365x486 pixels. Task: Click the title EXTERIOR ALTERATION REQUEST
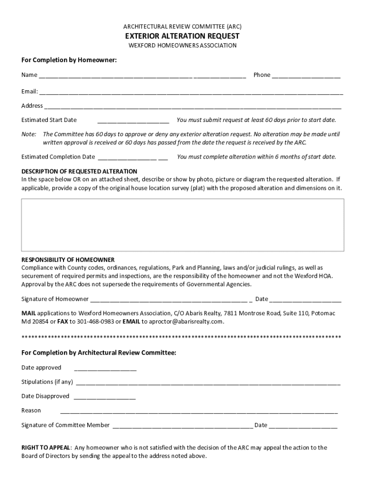pos(182,36)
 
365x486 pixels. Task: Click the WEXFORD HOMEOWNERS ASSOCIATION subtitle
pos(182,46)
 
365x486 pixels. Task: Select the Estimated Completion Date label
pos(58,157)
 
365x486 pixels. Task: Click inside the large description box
pos(182,224)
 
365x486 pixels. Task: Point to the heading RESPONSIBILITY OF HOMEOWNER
pos(68,260)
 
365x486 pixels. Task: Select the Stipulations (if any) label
pos(47,382)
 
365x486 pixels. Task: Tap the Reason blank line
pos(199,411)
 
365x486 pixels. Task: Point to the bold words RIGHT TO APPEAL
pos(46,447)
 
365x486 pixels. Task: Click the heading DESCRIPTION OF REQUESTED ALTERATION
pos(79,171)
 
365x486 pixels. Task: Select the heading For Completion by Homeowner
pos(69,60)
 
